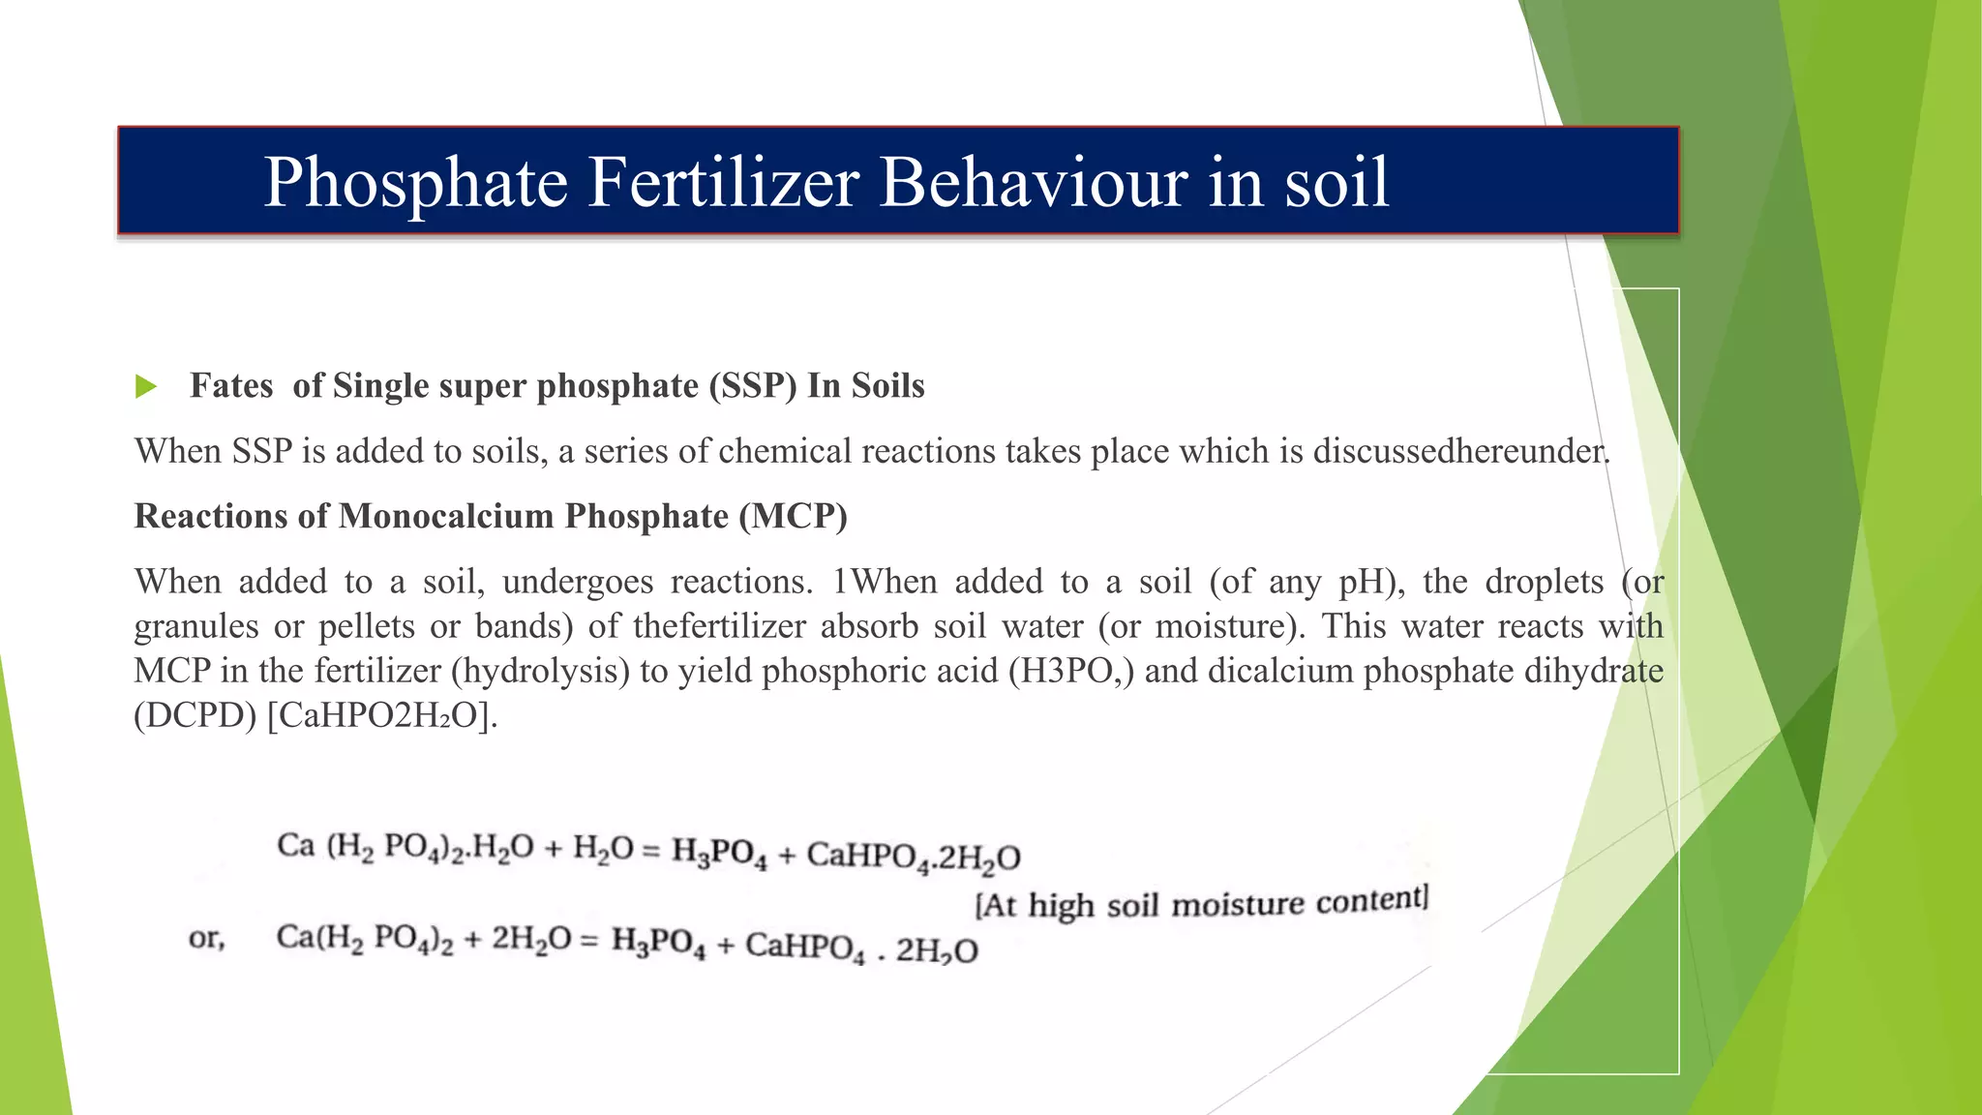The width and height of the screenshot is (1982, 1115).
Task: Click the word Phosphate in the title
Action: coord(416,182)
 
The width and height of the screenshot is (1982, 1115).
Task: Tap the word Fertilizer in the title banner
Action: coord(724,182)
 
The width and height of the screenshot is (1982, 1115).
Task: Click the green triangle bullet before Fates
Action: coord(146,387)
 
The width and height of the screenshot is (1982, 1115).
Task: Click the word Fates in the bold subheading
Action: coord(231,386)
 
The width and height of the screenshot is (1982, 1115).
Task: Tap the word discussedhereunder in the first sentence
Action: coord(1460,451)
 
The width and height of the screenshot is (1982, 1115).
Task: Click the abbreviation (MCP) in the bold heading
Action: coord(794,517)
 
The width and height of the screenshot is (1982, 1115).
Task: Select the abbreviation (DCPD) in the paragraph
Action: coord(195,715)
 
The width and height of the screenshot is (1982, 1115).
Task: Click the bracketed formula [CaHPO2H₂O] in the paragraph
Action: coord(380,715)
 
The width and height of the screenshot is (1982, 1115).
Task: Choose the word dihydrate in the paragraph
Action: coord(1593,671)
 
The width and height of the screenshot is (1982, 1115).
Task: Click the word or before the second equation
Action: coord(206,938)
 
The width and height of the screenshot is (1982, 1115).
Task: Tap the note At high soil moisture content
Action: coord(1201,903)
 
